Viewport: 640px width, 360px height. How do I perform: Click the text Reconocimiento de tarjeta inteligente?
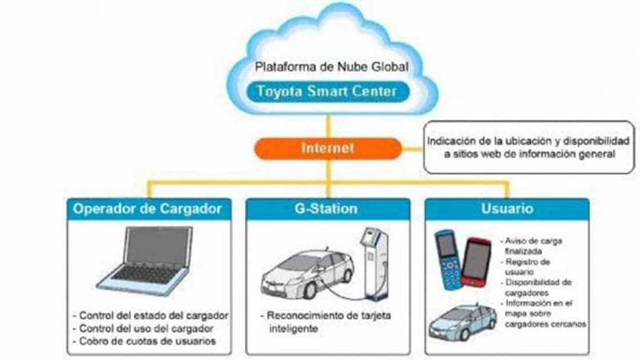(317, 322)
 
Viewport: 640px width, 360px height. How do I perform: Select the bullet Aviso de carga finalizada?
(529, 246)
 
